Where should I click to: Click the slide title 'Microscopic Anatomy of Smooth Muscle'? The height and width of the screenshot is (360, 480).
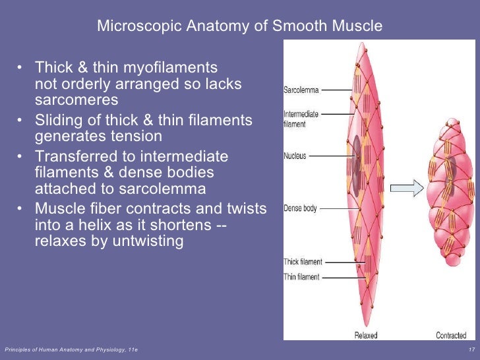point(239,26)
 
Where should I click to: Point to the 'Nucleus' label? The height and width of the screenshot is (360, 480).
point(295,156)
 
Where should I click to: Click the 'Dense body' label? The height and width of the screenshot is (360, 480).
point(300,208)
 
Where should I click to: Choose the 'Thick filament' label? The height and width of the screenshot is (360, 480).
point(303,262)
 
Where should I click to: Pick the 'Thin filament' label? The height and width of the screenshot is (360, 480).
point(302,276)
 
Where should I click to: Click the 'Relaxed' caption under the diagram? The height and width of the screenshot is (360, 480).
point(366,336)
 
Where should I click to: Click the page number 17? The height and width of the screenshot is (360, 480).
point(471,348)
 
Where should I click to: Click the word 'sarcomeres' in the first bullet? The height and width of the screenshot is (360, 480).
point(76,100)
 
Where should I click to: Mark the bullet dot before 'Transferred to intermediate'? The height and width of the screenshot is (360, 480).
point(22,158)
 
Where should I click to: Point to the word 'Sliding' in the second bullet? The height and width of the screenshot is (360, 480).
point(55,121)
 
